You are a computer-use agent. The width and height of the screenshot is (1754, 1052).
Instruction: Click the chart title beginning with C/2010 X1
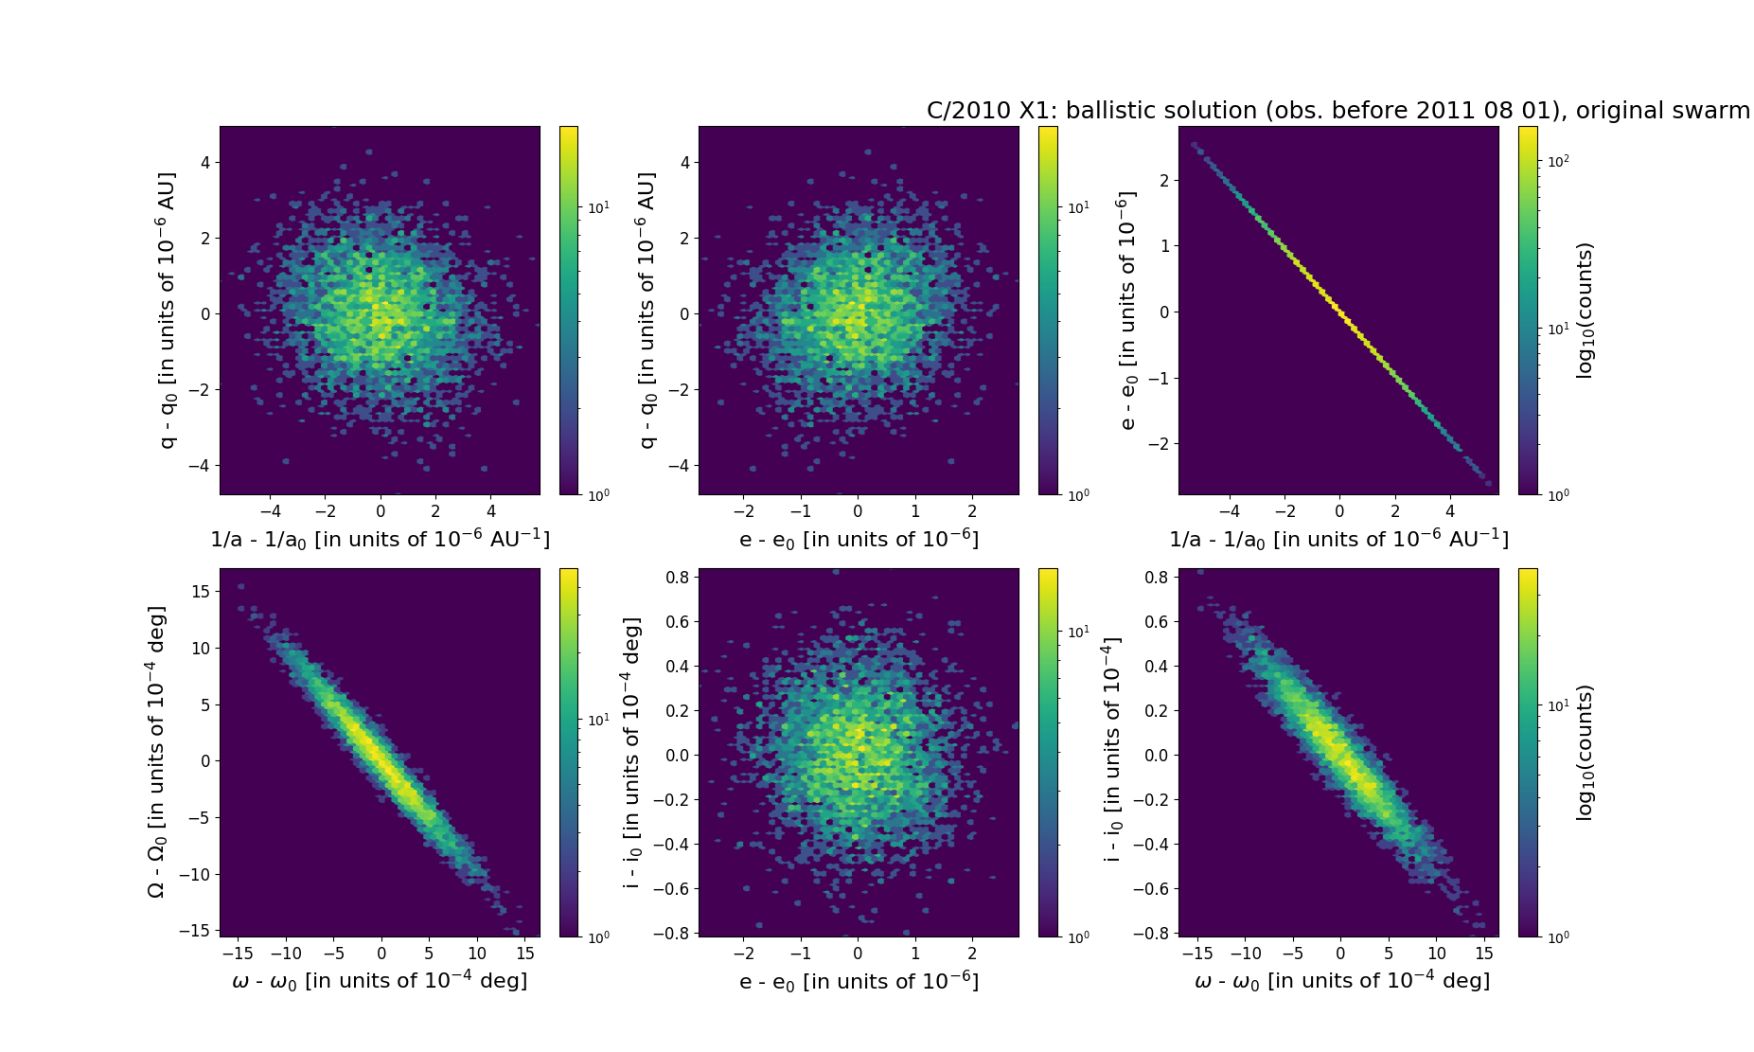[x=1338, y=111]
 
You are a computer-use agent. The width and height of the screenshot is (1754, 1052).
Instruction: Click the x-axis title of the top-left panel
[x=380, y=539]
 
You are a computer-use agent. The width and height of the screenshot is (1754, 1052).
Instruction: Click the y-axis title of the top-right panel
[x=1125, y=311]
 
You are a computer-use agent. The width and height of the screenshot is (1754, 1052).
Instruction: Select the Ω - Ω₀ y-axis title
[x=157, y=752]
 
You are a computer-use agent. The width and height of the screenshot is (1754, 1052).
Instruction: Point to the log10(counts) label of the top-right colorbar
[x=1585, y=311]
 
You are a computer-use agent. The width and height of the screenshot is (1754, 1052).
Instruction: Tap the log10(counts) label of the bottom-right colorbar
[x=1585, y=753]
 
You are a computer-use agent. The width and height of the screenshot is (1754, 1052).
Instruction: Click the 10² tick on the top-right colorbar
[x=1558, y=161]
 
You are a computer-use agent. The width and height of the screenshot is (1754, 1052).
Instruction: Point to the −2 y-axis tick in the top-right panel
[x=1158, y=443]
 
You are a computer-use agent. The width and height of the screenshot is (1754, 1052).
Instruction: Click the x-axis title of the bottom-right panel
[x=1341, y=981]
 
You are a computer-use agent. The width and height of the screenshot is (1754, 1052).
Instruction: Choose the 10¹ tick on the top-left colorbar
[x=598, y=207]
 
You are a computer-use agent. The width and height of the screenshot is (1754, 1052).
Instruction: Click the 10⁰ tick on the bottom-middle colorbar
[x=1078, y=936]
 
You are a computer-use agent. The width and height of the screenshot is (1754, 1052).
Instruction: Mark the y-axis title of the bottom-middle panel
[x=631, y=753]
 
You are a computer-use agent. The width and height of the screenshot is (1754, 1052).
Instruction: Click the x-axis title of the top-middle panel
[x=859, y=539]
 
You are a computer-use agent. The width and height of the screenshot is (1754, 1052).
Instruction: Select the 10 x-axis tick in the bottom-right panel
[x=1436, y=954]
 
